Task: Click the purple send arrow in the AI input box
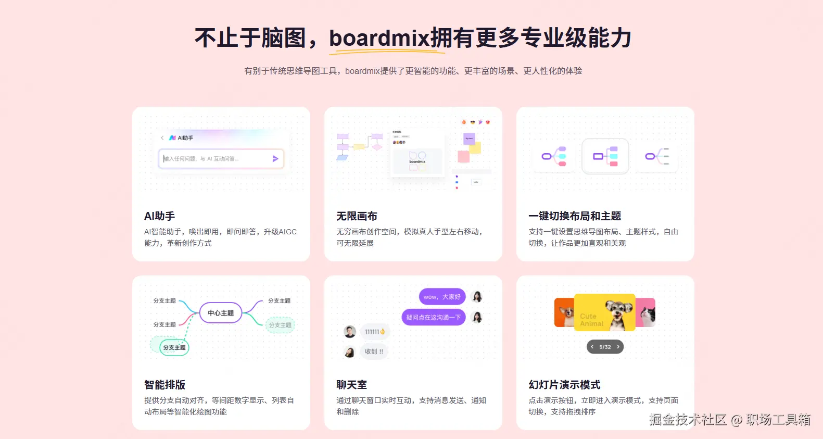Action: [275, 159]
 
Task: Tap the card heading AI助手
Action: [159, 216]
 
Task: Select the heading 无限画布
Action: [357, 216]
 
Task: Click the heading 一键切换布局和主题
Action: [575, 216]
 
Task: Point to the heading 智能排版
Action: [164, 385]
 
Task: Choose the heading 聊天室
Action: [351, 385]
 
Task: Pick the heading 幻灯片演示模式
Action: [564, 385]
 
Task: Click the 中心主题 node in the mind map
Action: [221, 313]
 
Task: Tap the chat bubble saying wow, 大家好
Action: [442, 297]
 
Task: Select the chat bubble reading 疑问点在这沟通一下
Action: [433, 317]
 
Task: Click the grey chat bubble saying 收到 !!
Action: [374, 352]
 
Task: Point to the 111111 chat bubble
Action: [374, 332]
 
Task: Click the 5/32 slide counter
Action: [605, 347]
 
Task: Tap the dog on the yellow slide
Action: [618, 313]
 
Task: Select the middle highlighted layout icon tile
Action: [605, 156]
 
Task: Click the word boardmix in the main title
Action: [379, 38]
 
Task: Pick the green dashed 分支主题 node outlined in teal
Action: [174, 347]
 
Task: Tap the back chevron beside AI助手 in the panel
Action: [162, 138]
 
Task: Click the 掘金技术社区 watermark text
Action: [688, 420]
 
